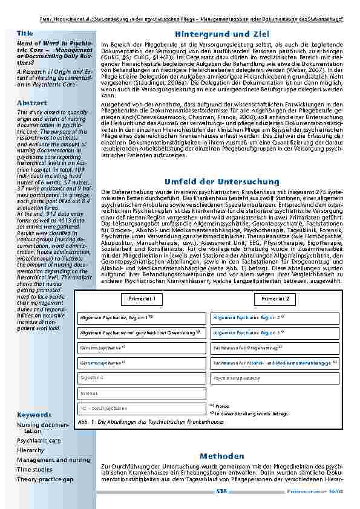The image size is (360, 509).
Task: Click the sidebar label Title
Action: point(25,33)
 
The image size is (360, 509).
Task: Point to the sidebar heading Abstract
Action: point(32,103)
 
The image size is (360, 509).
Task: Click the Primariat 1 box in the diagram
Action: point(142,299)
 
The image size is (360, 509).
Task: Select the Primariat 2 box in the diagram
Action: point(275,299)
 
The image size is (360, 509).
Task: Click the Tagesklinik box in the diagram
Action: point(142,378)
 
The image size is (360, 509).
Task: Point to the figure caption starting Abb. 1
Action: point(142,421)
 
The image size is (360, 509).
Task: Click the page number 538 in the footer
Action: point(221,492)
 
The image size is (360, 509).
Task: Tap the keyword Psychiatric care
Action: point(39,441)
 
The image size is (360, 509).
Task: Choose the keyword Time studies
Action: point(34,469)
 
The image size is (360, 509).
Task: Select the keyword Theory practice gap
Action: point(45,479)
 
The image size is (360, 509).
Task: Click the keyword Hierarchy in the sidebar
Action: point(30,450)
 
